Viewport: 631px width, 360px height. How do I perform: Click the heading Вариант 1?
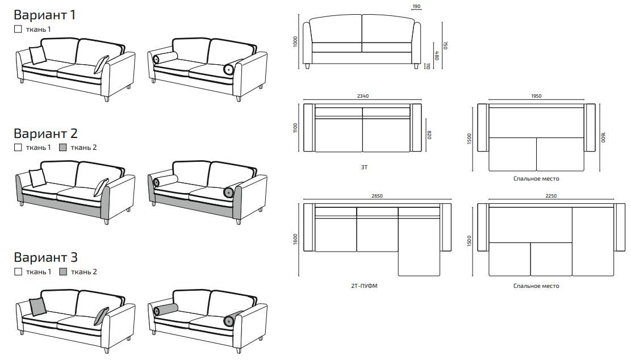click(45, 15)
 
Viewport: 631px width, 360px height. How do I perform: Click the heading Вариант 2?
click(45, 133)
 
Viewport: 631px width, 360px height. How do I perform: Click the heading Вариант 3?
click(45, 257)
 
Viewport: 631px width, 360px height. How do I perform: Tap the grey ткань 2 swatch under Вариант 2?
click(63, 148)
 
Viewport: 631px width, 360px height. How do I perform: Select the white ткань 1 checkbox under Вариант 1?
click(18, 29)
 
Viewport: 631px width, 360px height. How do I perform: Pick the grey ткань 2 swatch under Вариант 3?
click(63, 271)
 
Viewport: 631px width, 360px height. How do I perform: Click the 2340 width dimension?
click(362, 96)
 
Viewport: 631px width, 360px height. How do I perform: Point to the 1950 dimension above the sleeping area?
click(536, 96)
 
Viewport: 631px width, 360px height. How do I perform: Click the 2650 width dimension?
click(377, 196)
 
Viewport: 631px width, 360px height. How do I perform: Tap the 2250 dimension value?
click(551, 196)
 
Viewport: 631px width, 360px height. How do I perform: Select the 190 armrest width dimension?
click(416, 6)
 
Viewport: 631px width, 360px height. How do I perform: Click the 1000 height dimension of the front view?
click(295, 41)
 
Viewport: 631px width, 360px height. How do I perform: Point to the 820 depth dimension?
click(429, 135)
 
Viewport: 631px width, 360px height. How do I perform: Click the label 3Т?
click(364, 168)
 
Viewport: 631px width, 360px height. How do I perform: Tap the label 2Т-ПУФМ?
click(364, 286)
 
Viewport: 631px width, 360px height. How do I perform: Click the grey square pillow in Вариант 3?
click(37, 307)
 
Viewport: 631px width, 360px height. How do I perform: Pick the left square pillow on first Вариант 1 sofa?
click(38, 55)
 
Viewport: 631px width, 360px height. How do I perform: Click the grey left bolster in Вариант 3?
click(166, 309)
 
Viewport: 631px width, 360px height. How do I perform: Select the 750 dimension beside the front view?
click(445, 45)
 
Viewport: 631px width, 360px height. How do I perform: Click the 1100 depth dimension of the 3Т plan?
click(295, 128)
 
